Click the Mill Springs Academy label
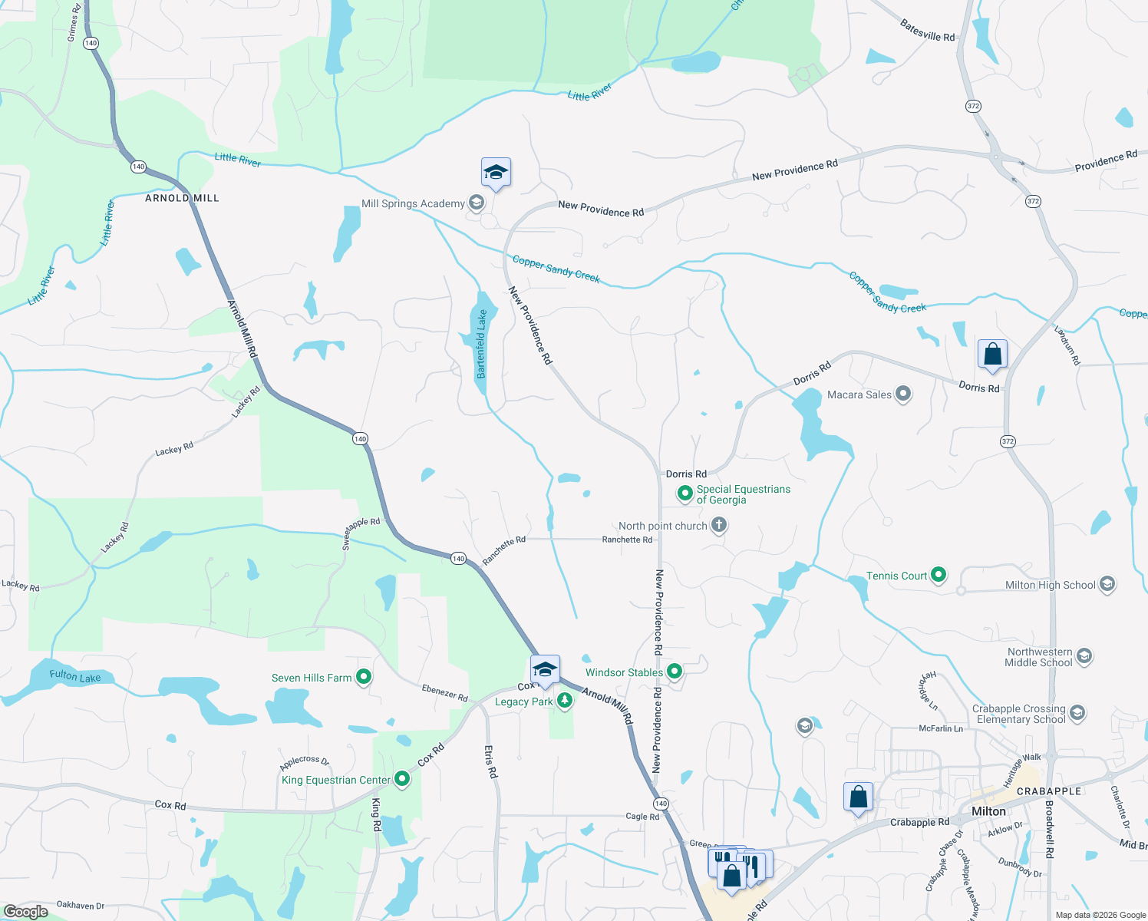click(413, 203)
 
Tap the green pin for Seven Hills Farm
click(365, 677)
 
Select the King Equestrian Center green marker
click(401, 780)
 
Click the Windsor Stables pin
click(675, 672)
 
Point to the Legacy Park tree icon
click(565, 700)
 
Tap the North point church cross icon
click(719, 525)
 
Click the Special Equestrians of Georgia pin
click(685, 494)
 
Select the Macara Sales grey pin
click(903, 394)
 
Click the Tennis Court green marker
click(939, 575)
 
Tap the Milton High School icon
click(1107, 584)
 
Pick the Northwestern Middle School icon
click(1084, 656)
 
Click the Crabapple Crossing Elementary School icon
click(1077, 713)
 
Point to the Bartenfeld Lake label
click(481, 344)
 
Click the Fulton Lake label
click(75, 676)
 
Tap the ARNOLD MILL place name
click(182, 198)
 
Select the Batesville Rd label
click(927, 31)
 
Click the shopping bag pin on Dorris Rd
click(992, 355)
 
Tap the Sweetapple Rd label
click(361, 533)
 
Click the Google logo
click(25, 911)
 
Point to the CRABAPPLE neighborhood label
click(1049, 791)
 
